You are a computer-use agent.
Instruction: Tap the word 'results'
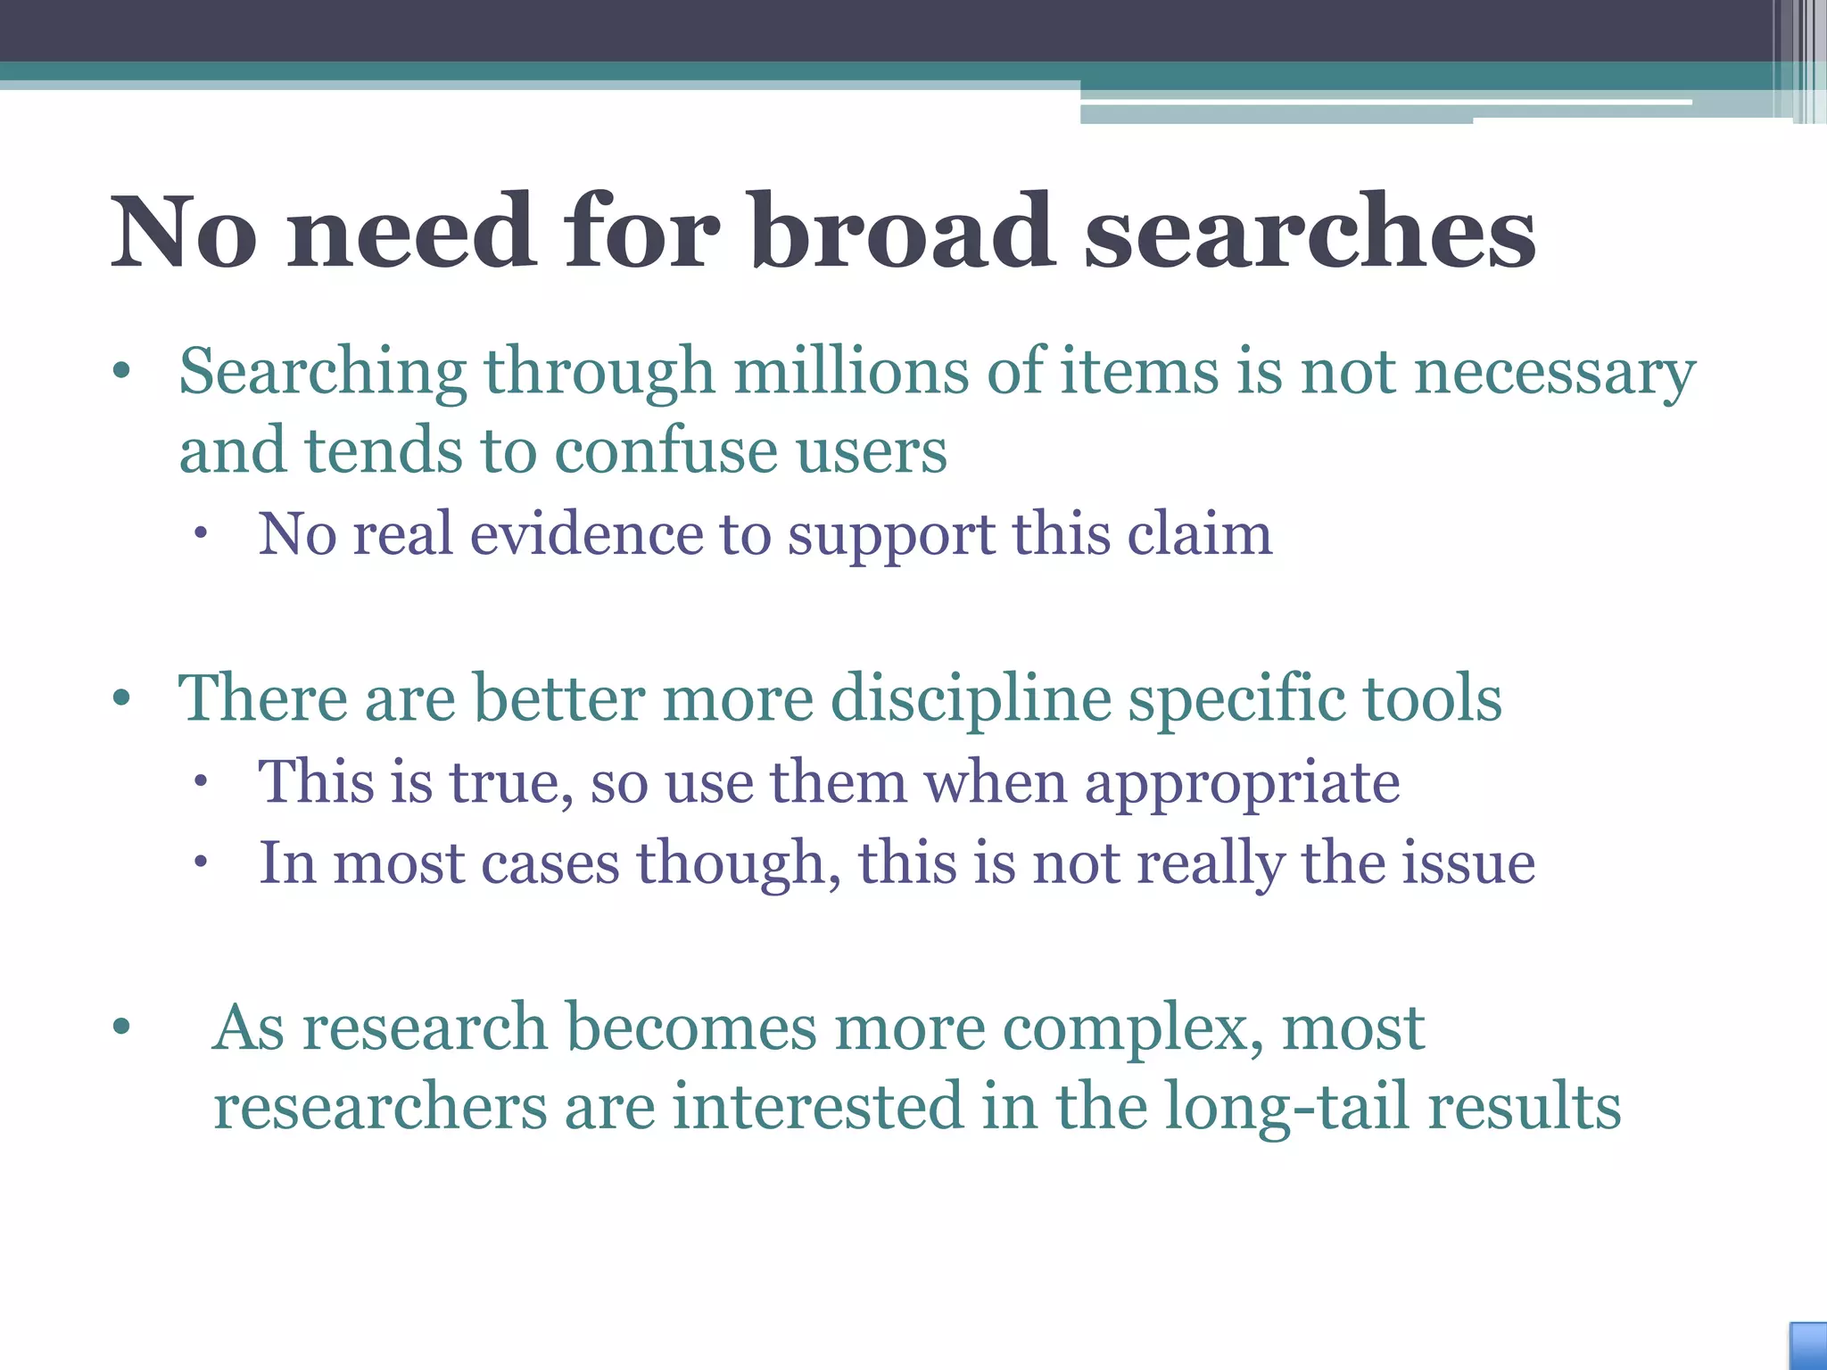coord(1524,1107)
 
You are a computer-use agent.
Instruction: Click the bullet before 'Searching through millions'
coord(122,372)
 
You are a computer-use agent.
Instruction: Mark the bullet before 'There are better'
coord(122,698)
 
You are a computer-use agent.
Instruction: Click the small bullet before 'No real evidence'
coord(201,534)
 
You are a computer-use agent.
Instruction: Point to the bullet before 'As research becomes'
coord(122,1027)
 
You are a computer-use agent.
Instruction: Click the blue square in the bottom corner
coord(1808,1346)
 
